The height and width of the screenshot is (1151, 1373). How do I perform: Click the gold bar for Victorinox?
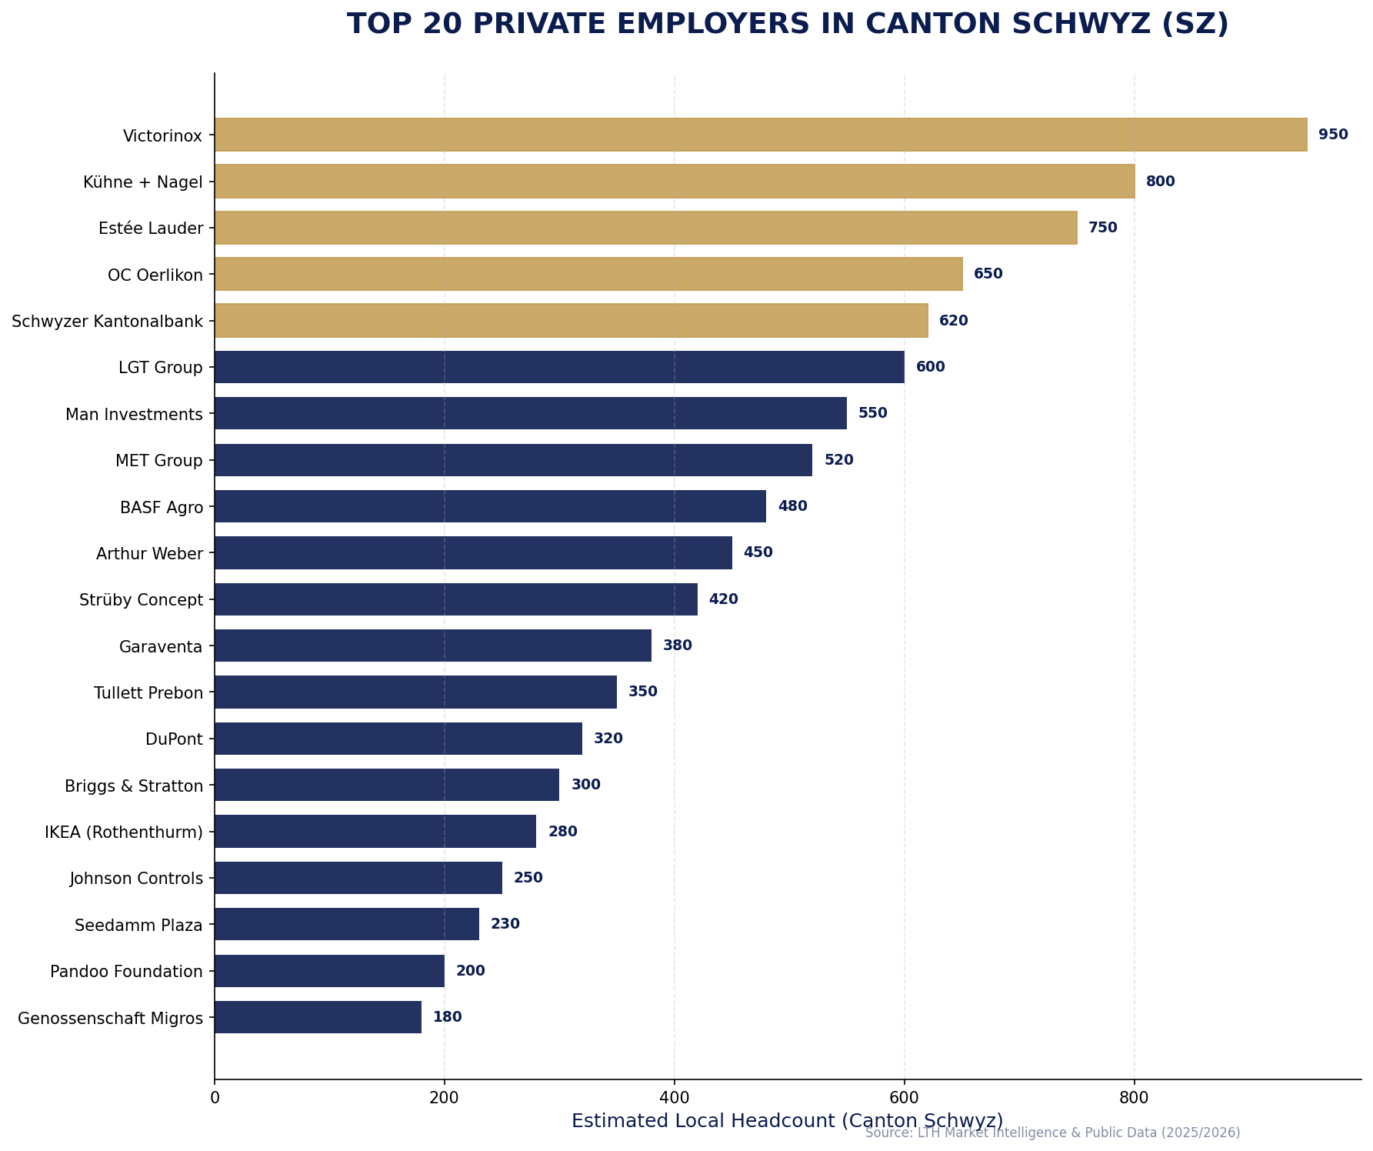(x=760, y=135)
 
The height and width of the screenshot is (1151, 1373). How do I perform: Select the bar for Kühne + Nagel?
(x=674, y=182)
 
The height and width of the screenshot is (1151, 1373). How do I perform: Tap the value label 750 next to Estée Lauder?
(x=1102, y=228)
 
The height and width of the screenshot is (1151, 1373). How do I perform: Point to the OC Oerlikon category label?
(x=155, y=275)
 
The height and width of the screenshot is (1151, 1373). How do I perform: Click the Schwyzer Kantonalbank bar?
(x=571, y=320)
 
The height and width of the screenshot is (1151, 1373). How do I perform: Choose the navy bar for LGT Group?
(x=559, y=367)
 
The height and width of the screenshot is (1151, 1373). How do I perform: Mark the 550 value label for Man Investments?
(x=872, y=413)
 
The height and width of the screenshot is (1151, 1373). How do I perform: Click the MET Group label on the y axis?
(x=159, y=461)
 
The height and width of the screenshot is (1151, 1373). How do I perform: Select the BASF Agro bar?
(x=490, y=506)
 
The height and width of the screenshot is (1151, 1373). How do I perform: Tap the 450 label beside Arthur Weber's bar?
(x=758, y=552)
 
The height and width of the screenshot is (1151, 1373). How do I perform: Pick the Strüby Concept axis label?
(x=141, y=600)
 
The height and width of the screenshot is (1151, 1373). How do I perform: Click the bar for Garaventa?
(x=432, y=646)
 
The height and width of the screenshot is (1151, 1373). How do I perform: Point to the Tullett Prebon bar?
(x=415, y=692)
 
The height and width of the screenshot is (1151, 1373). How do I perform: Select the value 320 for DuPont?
(x=608, y=739)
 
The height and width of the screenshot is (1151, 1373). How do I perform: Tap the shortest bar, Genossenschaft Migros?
(x=318, y=1017)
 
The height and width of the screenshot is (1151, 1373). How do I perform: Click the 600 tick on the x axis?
(x=904, y=1096)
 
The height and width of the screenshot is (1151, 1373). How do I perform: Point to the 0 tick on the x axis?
(x=215, y=1096)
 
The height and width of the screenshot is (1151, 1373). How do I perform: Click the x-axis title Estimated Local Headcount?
(x=786, y=1121)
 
